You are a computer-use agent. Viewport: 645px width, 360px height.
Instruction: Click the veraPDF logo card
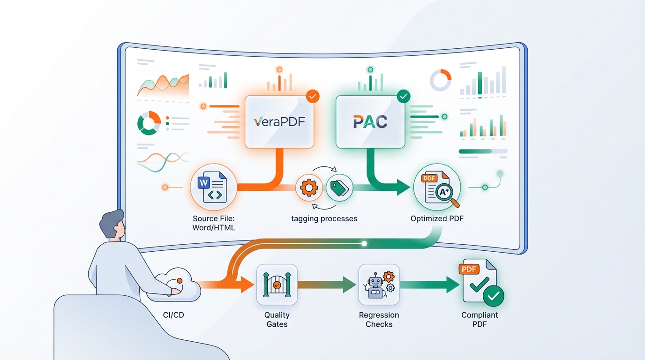(x=279, y=122)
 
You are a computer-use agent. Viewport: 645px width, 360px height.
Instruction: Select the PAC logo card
(x=370, y=122)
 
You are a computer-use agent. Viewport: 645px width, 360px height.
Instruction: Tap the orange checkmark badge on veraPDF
(x=313, y=97)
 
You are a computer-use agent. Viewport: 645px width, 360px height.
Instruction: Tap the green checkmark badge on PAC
(x=403, y=97)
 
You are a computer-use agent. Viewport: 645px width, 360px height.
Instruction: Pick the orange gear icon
(x=309, y=188)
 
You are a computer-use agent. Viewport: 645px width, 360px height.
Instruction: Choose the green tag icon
(x=339, y=188)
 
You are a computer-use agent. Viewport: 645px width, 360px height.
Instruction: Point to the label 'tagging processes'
(x=324, y=218)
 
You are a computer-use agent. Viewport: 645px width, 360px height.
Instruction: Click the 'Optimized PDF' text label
(x=437, y=218)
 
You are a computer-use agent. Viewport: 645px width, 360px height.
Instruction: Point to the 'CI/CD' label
(x=173, y=315)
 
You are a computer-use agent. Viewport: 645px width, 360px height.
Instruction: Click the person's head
(x=112, y=225)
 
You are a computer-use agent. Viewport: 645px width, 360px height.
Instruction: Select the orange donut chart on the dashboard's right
(x=440, y=81)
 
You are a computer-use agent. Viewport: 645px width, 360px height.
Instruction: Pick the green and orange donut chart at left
(x=149, y=123)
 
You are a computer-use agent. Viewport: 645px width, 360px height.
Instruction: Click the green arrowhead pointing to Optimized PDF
(x=403, y=188)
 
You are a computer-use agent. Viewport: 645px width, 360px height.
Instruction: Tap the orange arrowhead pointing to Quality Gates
(x=247, y=285)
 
